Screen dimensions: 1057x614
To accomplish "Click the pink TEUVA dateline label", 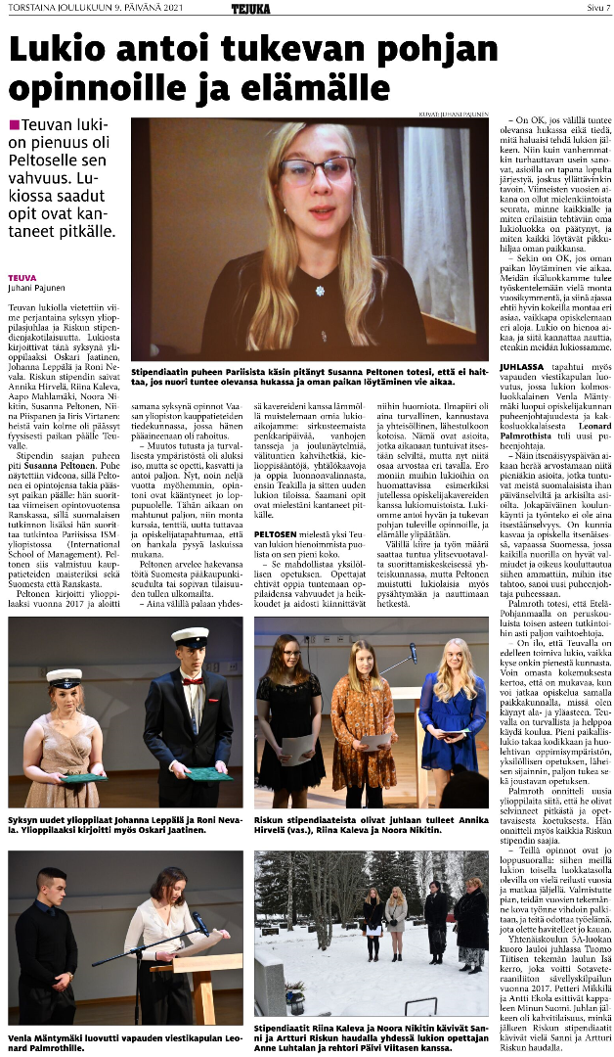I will coord(21,278).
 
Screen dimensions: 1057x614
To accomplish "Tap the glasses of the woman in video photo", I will coord(315,171).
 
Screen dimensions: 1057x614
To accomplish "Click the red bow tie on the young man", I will coord(191,680).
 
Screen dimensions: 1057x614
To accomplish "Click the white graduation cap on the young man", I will coord(191,637).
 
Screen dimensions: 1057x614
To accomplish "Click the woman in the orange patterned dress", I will coord(363,724).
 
